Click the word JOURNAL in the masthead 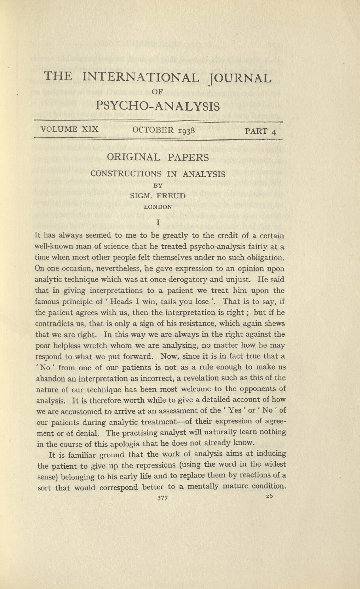(240, 78)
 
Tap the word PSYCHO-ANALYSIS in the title (157, 106)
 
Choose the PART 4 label (260, 131)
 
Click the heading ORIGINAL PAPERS (158, 157)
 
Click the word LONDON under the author (158, 206)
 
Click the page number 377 (163, 498)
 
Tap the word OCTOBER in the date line (153, 130)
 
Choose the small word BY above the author (158, 185)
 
